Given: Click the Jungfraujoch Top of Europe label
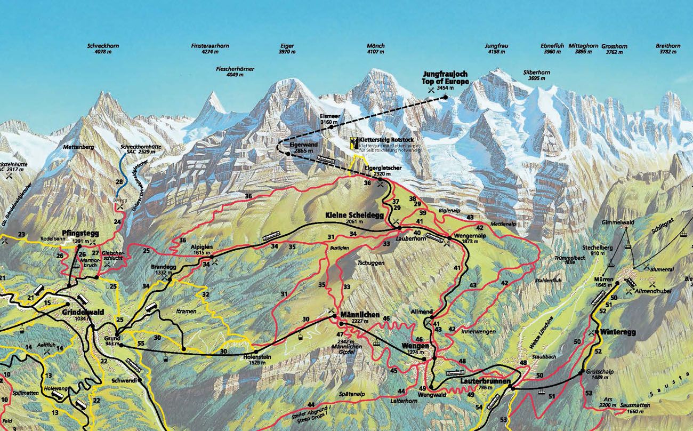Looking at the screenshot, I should click(446, 78).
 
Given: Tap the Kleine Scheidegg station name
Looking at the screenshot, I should click(354, 215).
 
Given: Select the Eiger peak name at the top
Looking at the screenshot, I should click(287, 46).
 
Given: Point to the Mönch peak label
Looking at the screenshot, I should click(375, 46).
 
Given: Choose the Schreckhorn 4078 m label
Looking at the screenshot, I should click(103, 46).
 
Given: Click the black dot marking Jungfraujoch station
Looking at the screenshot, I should click(445, 97).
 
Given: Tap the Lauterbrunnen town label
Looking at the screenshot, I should click(485, 382).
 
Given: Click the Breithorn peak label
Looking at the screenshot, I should click(667, 46).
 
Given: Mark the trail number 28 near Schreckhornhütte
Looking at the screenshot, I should click(119, 182).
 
